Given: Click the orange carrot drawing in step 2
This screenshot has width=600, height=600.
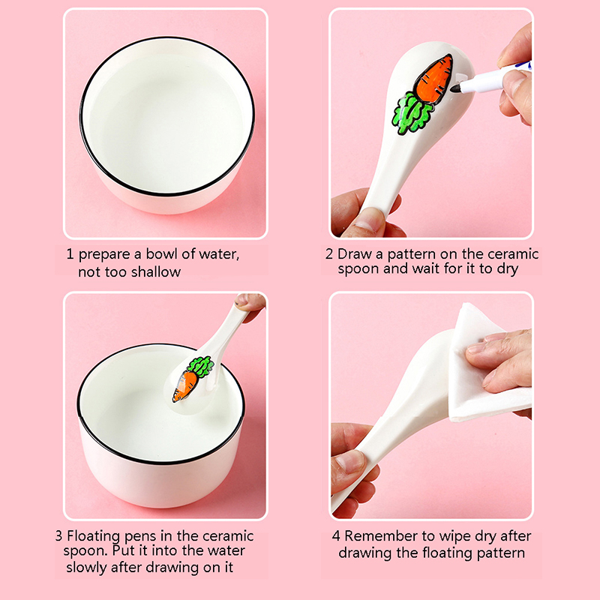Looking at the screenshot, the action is click(x=434, y=79).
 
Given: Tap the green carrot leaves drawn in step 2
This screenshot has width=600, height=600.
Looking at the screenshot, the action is click(x=412, y=113).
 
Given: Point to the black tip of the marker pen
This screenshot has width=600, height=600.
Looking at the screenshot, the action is click(x=455, y=88).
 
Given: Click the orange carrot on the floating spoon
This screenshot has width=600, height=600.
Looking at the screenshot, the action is click(x=184, y=386).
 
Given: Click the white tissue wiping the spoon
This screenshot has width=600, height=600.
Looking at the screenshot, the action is click(x=487, y=364).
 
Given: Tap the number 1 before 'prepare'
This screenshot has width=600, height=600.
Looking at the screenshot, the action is click(x=70, y=254).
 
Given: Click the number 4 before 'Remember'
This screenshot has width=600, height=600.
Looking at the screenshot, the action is click(x=336, y=536).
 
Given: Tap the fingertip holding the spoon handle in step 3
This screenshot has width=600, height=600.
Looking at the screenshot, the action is click(x=244, y=301).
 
